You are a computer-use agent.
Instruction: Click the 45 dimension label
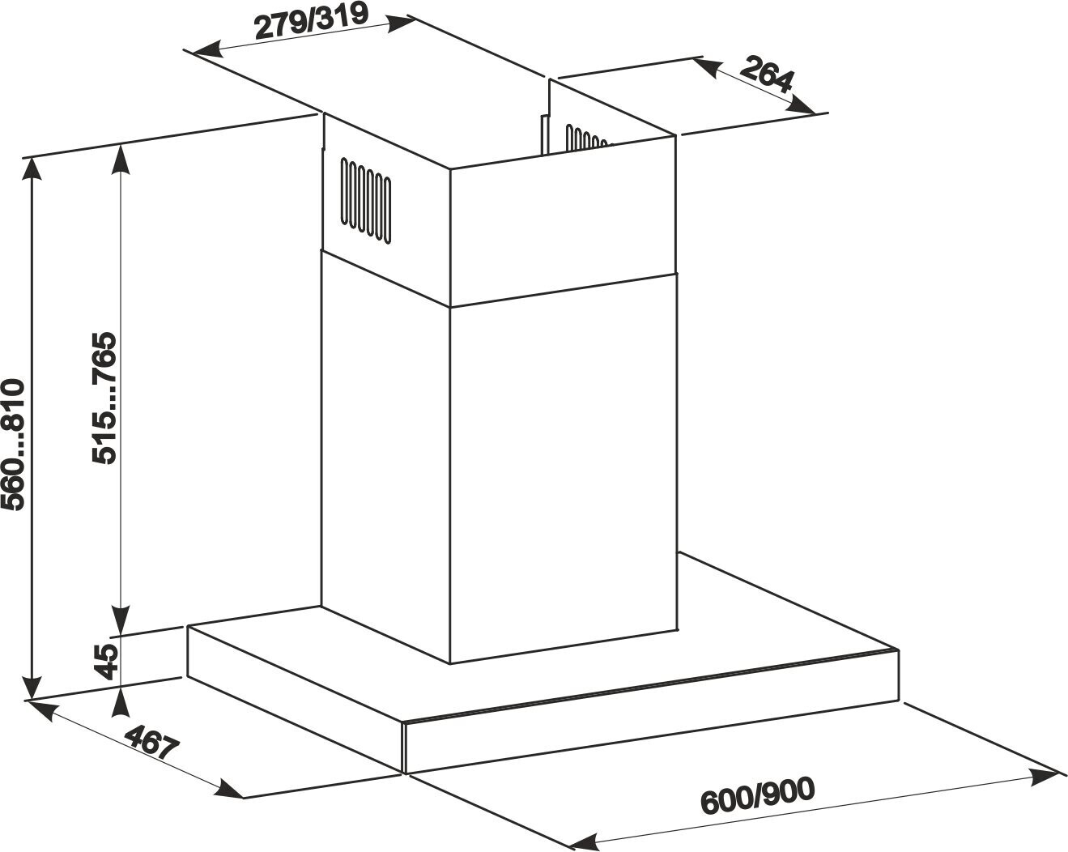pyautogui.click(x=105, y=659)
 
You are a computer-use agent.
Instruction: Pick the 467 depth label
pyautogui.click(x=152, y=744)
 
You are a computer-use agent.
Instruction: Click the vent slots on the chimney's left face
pyautogui.click(x=366, y=200)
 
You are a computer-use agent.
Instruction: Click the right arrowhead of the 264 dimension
pyautogui.click(x=805, y=104)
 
